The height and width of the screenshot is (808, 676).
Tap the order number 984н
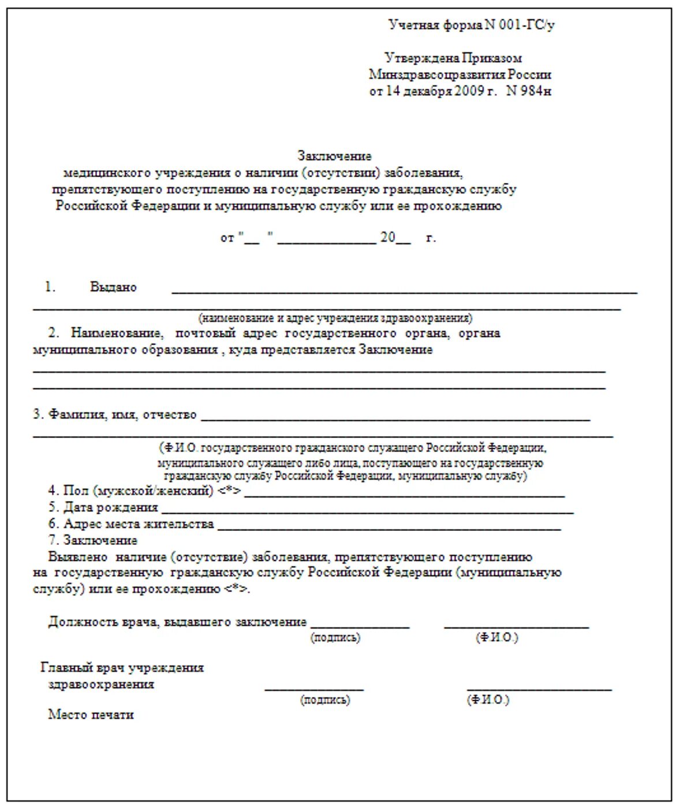pos(535,91)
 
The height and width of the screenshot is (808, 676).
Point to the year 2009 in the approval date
pos(469,91)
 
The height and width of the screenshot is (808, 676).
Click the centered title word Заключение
pos(334,156)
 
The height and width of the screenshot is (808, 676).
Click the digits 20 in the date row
pos(387,237)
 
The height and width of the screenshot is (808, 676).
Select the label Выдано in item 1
pos(113,287)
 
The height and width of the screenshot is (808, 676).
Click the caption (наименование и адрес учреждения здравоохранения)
pos(335,318)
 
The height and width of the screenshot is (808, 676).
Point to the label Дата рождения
pos(110,507)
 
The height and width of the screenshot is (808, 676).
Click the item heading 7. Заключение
pos(93,540)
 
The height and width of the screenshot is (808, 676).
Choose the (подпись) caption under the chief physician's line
pos(325,700)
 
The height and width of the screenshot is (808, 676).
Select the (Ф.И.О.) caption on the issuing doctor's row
pos(497,638)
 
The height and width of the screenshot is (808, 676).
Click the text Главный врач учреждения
pos(122,668)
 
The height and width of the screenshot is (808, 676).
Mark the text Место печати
pos(91,715)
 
